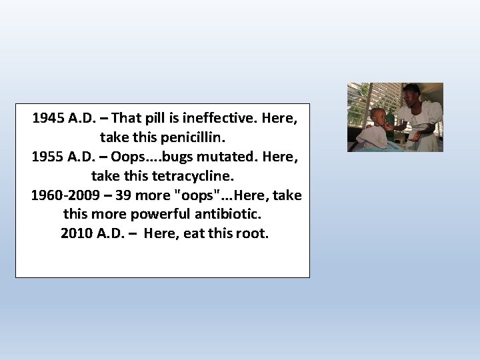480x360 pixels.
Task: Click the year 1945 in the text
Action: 48,119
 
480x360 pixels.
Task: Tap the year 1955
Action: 47,157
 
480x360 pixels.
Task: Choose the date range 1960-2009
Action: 63,196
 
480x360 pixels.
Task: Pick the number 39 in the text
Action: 123,196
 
